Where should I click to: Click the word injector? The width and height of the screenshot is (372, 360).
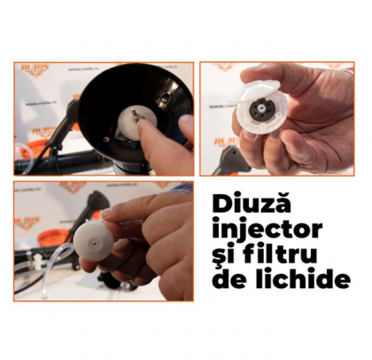[265, 230]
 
